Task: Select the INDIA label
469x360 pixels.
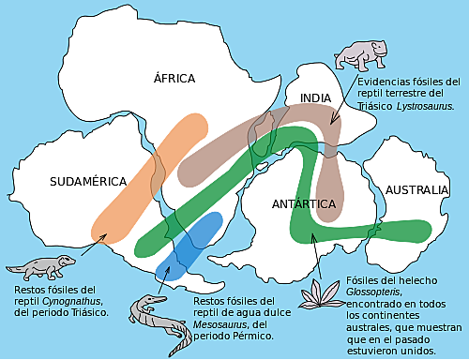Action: point(316,98)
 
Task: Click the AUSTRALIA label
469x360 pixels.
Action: point(416,189)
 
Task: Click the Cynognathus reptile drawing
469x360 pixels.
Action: point(41,265)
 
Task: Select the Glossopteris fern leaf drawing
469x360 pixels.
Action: point(320,294)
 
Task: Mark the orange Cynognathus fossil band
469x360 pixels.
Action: point(150,178)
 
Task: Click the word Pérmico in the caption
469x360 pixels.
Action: point(250,336)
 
